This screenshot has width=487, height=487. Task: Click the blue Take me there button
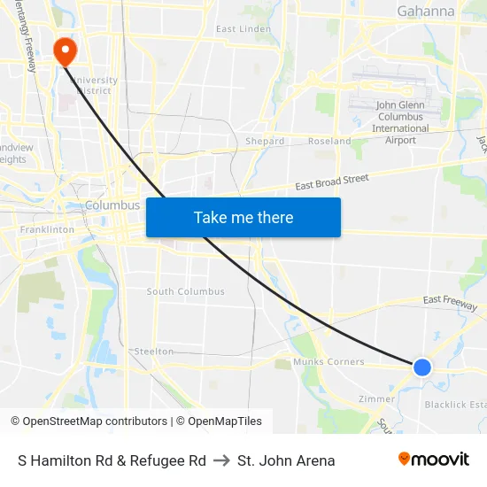click(243, 217)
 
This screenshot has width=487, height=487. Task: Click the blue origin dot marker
click(422, 367)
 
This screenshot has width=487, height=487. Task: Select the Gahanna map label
click(426, 12)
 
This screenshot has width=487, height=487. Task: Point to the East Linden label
click(243, 29)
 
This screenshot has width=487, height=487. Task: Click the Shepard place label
click(265, 142)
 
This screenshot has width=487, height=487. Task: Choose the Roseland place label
click(329, 142)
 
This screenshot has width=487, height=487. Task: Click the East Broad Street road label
click(332, 182)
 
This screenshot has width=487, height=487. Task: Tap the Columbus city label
click(112, 205)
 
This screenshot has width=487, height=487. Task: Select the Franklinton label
click(48, 229)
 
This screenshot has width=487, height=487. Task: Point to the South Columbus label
click(186, 291)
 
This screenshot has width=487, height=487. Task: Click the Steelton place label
click(154, 352)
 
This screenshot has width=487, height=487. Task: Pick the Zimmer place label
click(376, 399)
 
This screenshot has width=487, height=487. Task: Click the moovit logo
click(434, 460)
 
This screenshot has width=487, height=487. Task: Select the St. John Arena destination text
click(286, 460)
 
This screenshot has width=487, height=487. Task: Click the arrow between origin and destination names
click(221, 460)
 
